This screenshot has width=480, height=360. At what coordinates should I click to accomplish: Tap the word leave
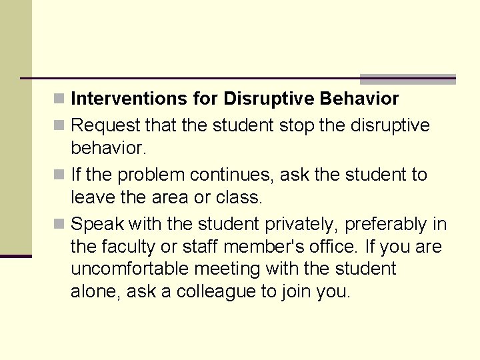91,198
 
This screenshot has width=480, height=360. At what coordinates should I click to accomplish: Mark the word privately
301,224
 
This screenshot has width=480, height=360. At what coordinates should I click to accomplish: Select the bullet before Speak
59,225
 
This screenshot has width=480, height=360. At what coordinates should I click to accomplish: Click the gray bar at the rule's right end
407,79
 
